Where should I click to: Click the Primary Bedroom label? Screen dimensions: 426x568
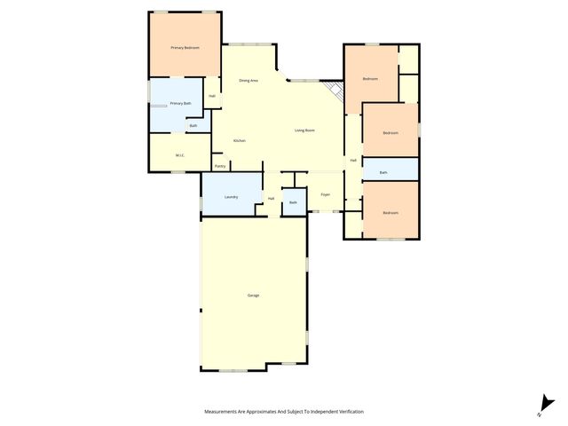pyautogui.click(x=185, y=47)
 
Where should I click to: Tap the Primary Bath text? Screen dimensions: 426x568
pyautogui.click(x=181, y=104)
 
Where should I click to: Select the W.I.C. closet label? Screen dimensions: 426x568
pyautogui.click(x=179, y=155)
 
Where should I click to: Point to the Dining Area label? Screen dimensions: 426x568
pyautogui.click(x=248, y=81)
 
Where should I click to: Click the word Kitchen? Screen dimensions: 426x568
pyautogui.click(x=240, y=141)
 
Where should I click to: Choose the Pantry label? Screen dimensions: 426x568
pyautogui.click(x=220, y=166)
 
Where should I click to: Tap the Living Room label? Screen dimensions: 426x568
pyautogui.click(x=305, y=130)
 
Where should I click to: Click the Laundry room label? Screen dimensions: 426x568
pyautogui.click(x=231, y=196)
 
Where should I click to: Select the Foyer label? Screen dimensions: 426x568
pyautogui.click(x=326, y=193)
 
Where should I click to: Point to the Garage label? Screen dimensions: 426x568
pyautogui.click(x=253, y=295)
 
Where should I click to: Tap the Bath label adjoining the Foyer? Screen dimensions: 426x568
pyautogui.click(x=294, y=203)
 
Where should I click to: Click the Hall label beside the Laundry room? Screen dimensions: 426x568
pyautogui.click(x=271, y=198)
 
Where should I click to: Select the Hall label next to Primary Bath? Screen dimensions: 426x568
pyautogui.click(x=212, y=96)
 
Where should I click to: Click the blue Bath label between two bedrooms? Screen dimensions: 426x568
pyautogui.click(x=383, y=172)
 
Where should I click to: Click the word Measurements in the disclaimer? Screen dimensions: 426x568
pyautogui.click(x=221, y=412)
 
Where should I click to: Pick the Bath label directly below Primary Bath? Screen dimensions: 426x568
pyautogui.click(x=193, y=126)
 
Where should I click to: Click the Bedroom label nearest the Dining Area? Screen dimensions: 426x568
pyautogui.click(x=370, y=79)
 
